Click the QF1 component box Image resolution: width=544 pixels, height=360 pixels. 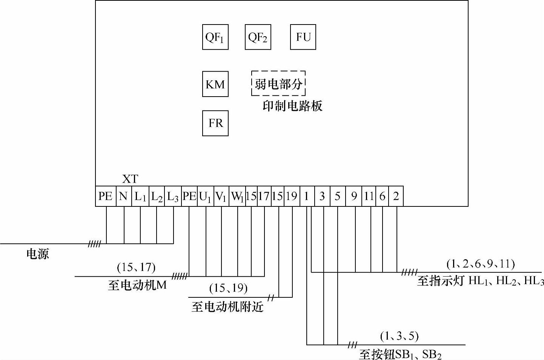click(215, 37)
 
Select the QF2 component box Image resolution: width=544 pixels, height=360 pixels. click(258, 37)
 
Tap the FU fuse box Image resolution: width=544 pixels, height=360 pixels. click(303, 37)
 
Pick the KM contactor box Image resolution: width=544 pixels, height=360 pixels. click(215, 84)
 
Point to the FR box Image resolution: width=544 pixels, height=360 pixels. click(215, 123)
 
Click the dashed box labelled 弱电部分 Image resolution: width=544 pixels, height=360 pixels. click(278, 83)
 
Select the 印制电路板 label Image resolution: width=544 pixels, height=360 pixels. click(292, 106)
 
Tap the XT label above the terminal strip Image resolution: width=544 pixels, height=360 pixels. click(130, 179)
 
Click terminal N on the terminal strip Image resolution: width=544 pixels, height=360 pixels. click(123, 196)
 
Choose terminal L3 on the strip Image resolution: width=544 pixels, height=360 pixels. click(173, 196)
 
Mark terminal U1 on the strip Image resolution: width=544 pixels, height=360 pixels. click(205, 196)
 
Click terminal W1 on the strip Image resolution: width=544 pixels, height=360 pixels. click(237, 196)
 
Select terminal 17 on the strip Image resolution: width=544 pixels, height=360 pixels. click(264, 196)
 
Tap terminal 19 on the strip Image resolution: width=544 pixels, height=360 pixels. click(291, 196)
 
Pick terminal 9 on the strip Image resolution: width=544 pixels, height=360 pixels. click(354, 196)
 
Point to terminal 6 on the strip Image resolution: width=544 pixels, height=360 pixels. click(382, 196)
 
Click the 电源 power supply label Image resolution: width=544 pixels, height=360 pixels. click(38, 254)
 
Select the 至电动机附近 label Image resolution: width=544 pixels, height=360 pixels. click(227, 307)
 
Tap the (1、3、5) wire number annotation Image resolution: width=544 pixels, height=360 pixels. click(399, 335)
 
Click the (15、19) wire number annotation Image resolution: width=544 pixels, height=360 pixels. click(228, 288)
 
